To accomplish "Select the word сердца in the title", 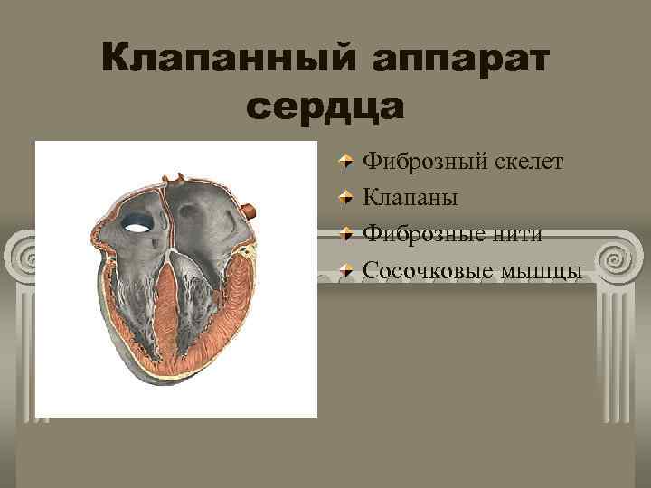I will [325, 106].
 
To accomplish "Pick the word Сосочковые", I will [431, 270].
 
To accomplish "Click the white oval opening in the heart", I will [138, 221].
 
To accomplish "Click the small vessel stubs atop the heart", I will [180, 177].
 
